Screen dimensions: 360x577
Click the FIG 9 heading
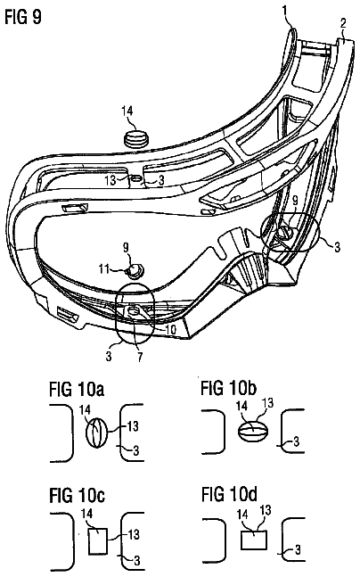(x=23, y=16)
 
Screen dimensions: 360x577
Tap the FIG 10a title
(x=77, y=390)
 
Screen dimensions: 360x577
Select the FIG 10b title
(x=228, y=388)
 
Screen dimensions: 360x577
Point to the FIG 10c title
(x=77, y=495)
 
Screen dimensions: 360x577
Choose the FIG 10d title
(x=229, y=494)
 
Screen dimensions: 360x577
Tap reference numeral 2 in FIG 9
(x=342, y=23)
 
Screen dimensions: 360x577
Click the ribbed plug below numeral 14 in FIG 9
(x=136, y=138)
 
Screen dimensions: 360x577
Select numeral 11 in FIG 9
(x=104, y=269)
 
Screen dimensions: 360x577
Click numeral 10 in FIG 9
(x=171, y=329)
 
